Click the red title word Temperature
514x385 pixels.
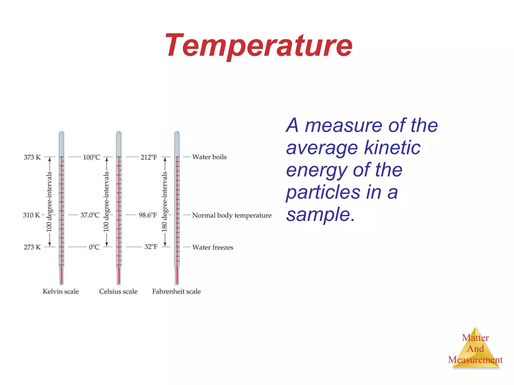pyautogui.click(x=259, y=46)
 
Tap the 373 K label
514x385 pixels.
pyautogui.click(x=32, y=157)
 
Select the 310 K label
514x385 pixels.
pyautogui.click(x=31, y=215)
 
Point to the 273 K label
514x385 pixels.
pyautogui.click(x=32, y=247)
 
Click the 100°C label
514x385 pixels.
pyautogui.click(x=92, y=157)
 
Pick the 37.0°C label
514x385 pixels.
pyautogui.click(x=90, y=215)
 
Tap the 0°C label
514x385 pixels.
pyautogui.click(x=94, y=247)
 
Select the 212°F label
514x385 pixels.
pyautogui.click(x=149, y=157)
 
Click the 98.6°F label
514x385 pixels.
pyautogui.click(x=148, y=215)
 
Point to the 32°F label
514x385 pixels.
pyautogui.click(x=151, y=247)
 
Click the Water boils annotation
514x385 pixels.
pyautogui.click(x=209, y=157)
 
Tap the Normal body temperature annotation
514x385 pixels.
pyautogui.click(x=232, y=215)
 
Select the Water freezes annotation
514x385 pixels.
pyautogui.click(x=213, y=247)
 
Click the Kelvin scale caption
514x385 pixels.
pyautogui.click(x=61, y=292)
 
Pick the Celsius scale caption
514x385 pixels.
pyautogui.click(x=118, y=292)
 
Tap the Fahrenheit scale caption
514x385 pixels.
pyautogui.click(x=176, y=292)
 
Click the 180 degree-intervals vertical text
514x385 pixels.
pyautogui.click(x=164, y=202)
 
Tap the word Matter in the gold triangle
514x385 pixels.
pyautogui.click(x=475, y=338)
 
